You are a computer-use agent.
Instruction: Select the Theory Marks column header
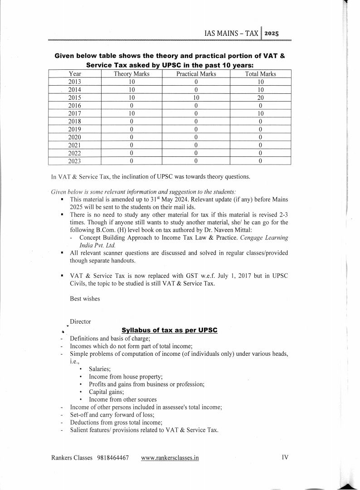(x=131, y=74)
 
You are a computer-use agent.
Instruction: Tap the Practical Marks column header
(x=196, y=74)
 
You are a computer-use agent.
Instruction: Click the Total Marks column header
(x=260, y=74)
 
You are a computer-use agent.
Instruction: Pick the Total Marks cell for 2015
(x=260, y=97)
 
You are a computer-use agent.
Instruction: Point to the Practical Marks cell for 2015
(x=196, y=97)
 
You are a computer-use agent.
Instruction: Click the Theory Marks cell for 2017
(x=131, y=113)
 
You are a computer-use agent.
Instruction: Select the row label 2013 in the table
(x=74, y=82)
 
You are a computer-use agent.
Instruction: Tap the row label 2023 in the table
(x=74, y=160)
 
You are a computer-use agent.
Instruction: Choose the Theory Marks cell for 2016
(x=131, y=106)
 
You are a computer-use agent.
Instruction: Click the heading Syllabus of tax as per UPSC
(x=170, y=330)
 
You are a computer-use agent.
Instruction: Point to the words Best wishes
(x=85, y=299)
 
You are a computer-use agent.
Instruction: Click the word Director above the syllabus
(x=80, y=321)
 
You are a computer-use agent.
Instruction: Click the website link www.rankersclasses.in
(x=170, y=458)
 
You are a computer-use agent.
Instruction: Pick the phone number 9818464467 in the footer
(x=112, y=458)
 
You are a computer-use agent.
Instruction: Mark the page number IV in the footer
(x=285, y=457)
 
